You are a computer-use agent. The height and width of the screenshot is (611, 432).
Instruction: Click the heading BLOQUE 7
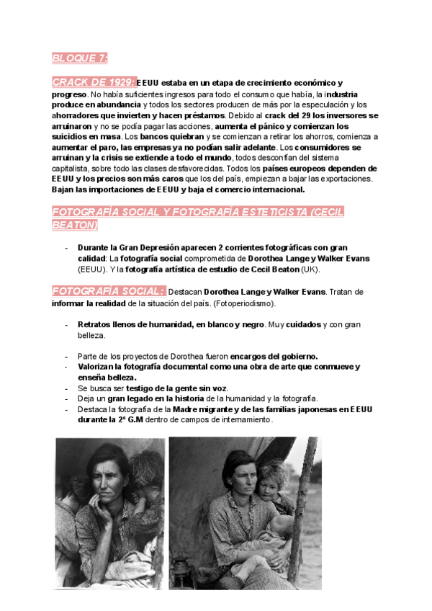79,58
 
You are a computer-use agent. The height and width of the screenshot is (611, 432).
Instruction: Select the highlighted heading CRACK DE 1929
93,82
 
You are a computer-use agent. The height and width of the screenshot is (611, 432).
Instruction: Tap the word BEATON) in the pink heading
74,225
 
